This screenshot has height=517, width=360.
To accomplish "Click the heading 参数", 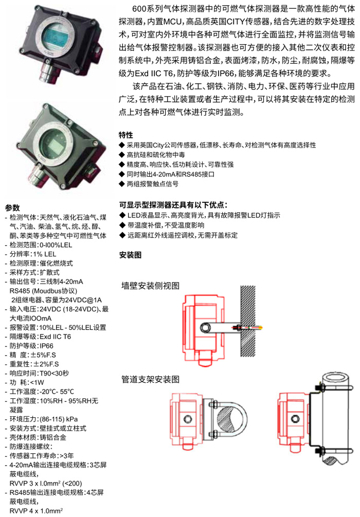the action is pos(12,208).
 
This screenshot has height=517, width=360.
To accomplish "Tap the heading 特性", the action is pos(125,135).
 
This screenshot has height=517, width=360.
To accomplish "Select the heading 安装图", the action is pos(130,255).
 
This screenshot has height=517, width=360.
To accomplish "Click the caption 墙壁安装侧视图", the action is pos(150,286).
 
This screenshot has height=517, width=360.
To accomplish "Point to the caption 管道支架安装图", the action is pos(150,379).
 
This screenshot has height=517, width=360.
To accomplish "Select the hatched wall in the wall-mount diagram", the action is pos(248,321).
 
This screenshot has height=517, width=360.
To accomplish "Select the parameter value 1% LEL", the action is pos(45,254).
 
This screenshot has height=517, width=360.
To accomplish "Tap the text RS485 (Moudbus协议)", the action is pos(43,291).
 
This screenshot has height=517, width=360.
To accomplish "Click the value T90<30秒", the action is pos(55,373).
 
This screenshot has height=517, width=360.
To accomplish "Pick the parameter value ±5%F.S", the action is pos(43,355).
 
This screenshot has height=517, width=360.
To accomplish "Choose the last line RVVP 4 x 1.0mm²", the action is pos(37,511).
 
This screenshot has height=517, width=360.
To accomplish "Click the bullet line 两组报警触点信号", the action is pos(153,184).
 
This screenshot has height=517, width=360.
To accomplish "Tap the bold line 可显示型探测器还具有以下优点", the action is pos(173,205).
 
